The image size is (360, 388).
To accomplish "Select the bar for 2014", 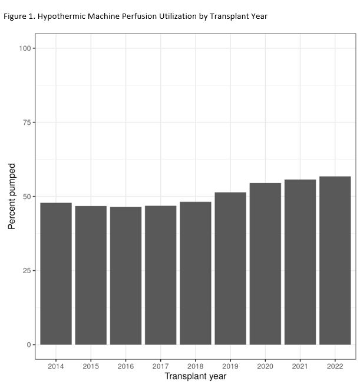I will point(56,274).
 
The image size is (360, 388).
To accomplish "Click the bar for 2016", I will point(125,276).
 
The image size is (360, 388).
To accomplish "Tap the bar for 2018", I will point(196,273).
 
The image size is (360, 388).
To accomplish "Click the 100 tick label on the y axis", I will point(25,48).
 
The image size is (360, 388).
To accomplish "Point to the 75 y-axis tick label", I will point(27,122).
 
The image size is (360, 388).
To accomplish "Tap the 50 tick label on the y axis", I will point(27,197).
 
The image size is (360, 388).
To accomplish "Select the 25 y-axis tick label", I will point(27,271).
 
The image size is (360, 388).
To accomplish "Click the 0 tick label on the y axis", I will point(29,345).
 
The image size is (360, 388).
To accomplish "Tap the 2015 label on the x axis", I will point(91,366).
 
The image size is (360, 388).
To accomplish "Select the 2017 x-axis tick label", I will point(160,366).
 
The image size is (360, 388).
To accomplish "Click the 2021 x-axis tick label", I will point(300,366).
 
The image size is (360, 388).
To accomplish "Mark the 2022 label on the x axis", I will point(335,366).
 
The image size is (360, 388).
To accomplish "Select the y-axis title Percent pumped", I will point(12,197).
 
